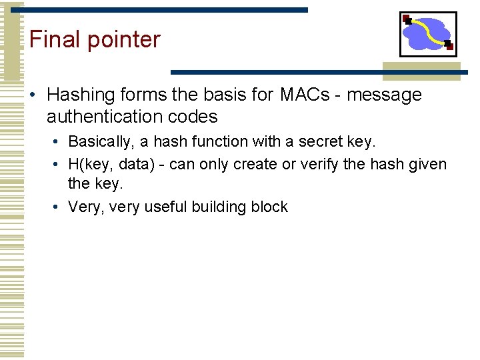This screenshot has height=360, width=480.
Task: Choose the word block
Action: pyautogui.click(x=269, y=207)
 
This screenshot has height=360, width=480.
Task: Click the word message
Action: pyautogui.click(x=384, y=95)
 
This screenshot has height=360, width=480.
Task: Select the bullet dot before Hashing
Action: pyautogui.click(x=33, y=95)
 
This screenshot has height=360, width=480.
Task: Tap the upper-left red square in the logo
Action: pyautogui.click(x=406, y=18)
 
